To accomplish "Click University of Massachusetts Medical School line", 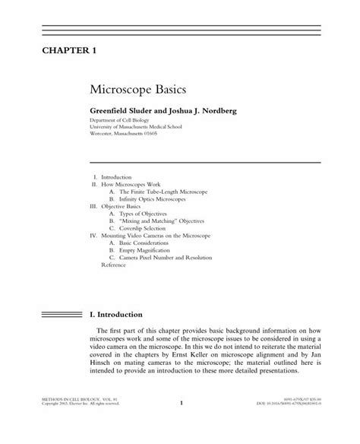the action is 142,128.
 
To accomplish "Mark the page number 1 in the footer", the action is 182,425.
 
